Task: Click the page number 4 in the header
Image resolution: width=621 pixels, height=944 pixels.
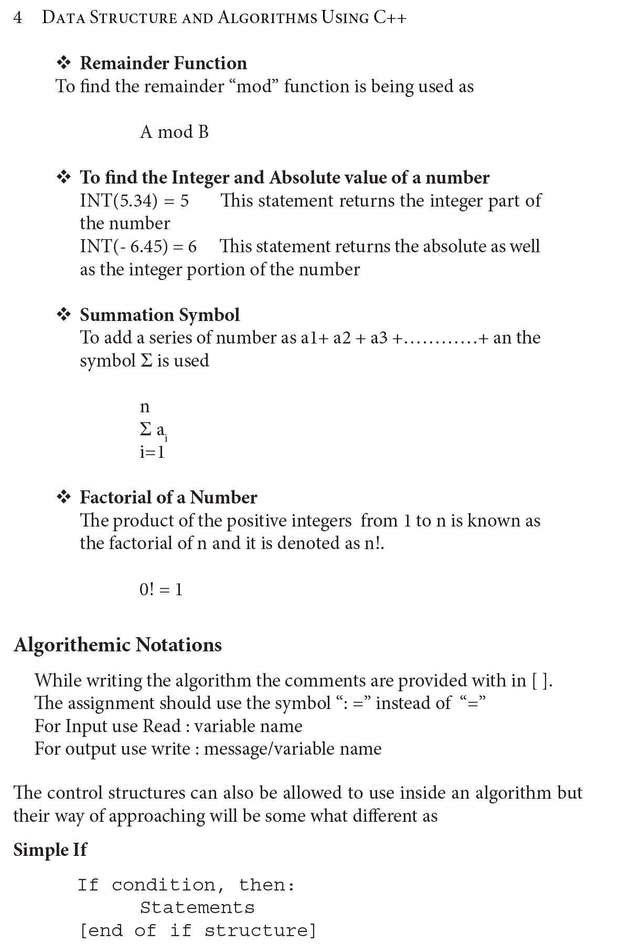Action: click(18, 18)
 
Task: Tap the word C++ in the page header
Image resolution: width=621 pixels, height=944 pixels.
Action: click(390, 18)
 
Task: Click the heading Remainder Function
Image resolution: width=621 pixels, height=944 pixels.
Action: click(163, 63)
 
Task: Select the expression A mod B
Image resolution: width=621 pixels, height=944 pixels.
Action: click(174, 132)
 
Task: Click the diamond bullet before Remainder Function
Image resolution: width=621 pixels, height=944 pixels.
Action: click(63, 63)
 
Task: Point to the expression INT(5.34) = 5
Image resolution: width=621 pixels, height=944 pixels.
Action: click(134, 200)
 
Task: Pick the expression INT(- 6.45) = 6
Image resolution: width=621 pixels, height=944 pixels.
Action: click(138, 246)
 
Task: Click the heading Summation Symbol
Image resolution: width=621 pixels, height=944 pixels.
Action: click(159, 315)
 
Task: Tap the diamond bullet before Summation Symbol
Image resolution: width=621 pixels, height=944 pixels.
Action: click(63, 315)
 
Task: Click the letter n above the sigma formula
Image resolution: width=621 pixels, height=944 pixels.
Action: click(145, 407)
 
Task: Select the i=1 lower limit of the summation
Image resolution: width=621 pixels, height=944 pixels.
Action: click(152, 452)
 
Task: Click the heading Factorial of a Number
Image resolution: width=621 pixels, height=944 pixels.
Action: click(168, 497)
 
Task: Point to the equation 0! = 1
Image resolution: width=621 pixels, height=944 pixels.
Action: click(161, 589)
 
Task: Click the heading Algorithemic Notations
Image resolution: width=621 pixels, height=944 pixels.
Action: click(118, 645)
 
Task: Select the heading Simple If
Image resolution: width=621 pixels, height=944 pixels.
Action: click(50, 850)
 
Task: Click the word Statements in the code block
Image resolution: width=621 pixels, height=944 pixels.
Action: click(197, 907)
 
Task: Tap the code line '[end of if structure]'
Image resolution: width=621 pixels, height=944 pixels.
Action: click(198, 930)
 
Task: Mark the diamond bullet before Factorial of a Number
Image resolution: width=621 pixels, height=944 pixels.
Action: click(63, 497)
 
